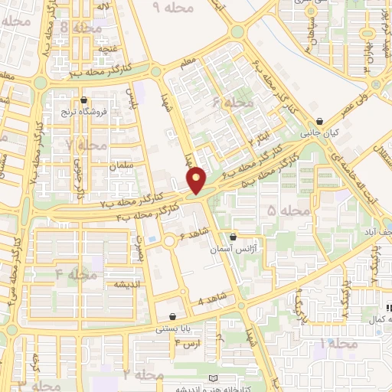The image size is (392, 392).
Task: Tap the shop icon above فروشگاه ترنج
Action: click(84, 100)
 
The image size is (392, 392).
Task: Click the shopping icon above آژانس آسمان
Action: click(233, 237)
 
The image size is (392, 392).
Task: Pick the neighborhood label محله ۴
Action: click(76, 274)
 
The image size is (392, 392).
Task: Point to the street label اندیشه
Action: click(110, 284)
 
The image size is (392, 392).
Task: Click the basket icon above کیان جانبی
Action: click(319, 121)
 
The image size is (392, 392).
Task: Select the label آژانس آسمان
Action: click(233, 250)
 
